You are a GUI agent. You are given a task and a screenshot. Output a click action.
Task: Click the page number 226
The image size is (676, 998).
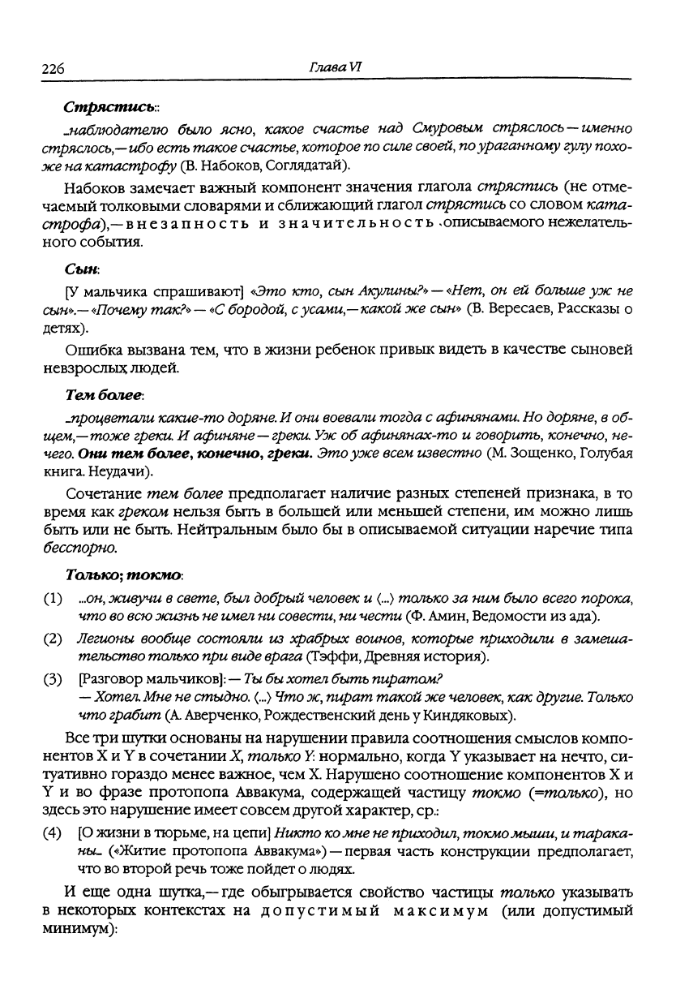(53, 70)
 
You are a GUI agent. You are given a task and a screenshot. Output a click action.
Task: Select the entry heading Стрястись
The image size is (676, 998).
(99, 107)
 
